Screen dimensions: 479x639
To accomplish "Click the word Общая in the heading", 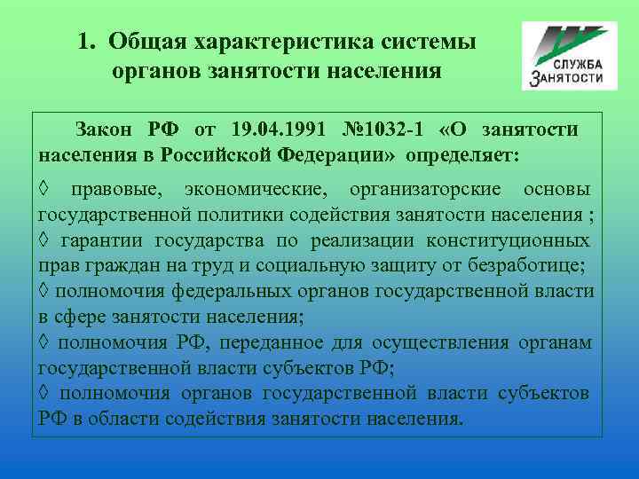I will pos(144,42).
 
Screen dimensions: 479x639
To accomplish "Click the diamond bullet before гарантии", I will pos(44,240).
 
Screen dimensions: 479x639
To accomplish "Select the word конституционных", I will pos(508,240).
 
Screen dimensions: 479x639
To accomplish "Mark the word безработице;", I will pos(531,265).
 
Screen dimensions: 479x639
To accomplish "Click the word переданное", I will pos(269,342).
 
